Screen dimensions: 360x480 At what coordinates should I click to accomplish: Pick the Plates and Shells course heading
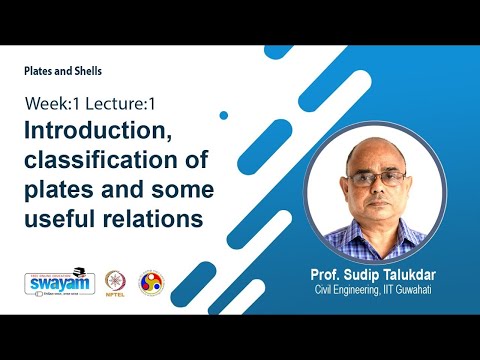coord(64,71)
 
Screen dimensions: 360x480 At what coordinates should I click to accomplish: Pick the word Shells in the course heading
coord(87,71)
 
